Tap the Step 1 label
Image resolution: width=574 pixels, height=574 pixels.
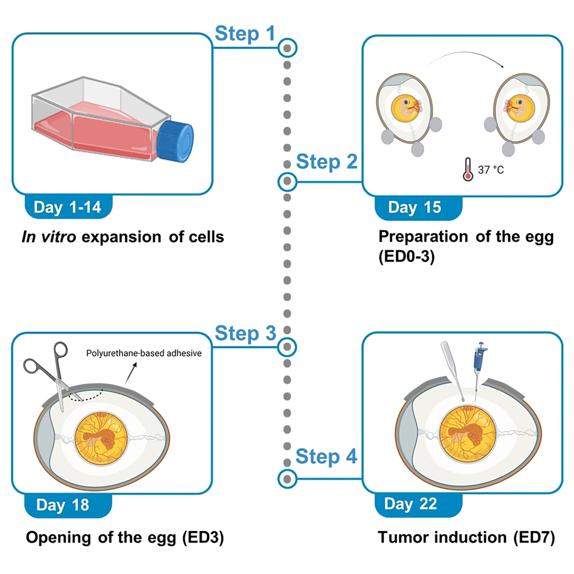pos(244,34)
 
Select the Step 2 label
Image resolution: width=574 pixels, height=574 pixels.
pos(326,162)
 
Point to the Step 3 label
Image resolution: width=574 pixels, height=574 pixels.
pos(244,334)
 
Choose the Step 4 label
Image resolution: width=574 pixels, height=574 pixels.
pos(326,458)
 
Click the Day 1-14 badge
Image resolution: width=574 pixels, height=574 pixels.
pos(67,207)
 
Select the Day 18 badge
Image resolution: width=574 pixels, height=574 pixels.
pos(63,505)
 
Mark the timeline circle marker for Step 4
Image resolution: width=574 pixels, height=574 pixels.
pos(287,478)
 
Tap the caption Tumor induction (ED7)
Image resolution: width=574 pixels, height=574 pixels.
pos(466,538)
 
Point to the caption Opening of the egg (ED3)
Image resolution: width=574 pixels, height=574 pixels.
pos(124,538)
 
